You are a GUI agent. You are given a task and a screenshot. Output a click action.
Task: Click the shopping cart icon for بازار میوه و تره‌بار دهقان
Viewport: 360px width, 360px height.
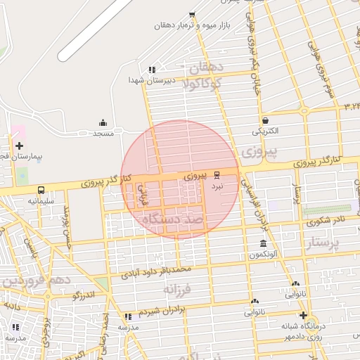pos(192,15)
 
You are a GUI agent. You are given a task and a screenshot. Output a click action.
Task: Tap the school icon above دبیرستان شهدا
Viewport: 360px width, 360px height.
pos(151,70)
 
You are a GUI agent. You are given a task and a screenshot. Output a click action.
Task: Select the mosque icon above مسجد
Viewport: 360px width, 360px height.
pos(103,122)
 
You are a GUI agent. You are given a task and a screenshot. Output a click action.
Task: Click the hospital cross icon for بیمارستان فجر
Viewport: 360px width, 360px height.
pos(19,145)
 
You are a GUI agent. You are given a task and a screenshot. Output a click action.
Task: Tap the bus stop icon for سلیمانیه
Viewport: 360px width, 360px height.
pos(41,190)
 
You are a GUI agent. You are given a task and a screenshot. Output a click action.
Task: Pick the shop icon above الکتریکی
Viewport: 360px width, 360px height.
pos(264,120)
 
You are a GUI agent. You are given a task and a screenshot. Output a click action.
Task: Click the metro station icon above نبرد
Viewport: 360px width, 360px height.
pos(217,175)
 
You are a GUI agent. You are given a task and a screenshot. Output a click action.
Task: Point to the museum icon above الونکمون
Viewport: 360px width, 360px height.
pos(262,243)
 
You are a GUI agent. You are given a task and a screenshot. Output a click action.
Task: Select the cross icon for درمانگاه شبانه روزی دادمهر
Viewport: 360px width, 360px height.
pos(303,314)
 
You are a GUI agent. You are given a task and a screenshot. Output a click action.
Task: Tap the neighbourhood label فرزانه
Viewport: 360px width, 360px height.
pos(177,288)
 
